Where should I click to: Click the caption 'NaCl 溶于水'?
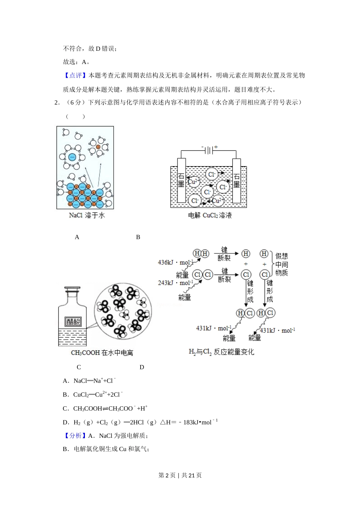click(87, 215)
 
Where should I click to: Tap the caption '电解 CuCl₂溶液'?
click(210, 215)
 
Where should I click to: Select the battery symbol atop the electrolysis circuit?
click(209, 151)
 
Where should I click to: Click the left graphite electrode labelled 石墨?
click(181, 180)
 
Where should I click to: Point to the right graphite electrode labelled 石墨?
click(236, 180)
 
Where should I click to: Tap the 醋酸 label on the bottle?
click(73, 322)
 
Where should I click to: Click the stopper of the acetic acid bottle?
click(72, 290)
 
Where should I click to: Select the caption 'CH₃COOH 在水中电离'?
click(102, 353)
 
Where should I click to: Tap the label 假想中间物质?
click(282, 264)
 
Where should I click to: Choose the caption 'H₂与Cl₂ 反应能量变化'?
click(221, 352)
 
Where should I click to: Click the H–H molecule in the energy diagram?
click(201, 254)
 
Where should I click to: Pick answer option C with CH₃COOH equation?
click(105, 409)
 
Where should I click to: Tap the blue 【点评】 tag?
click(75, 75)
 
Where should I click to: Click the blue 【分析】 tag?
click(75, 436)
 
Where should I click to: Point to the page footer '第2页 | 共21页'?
click(180, 475)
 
